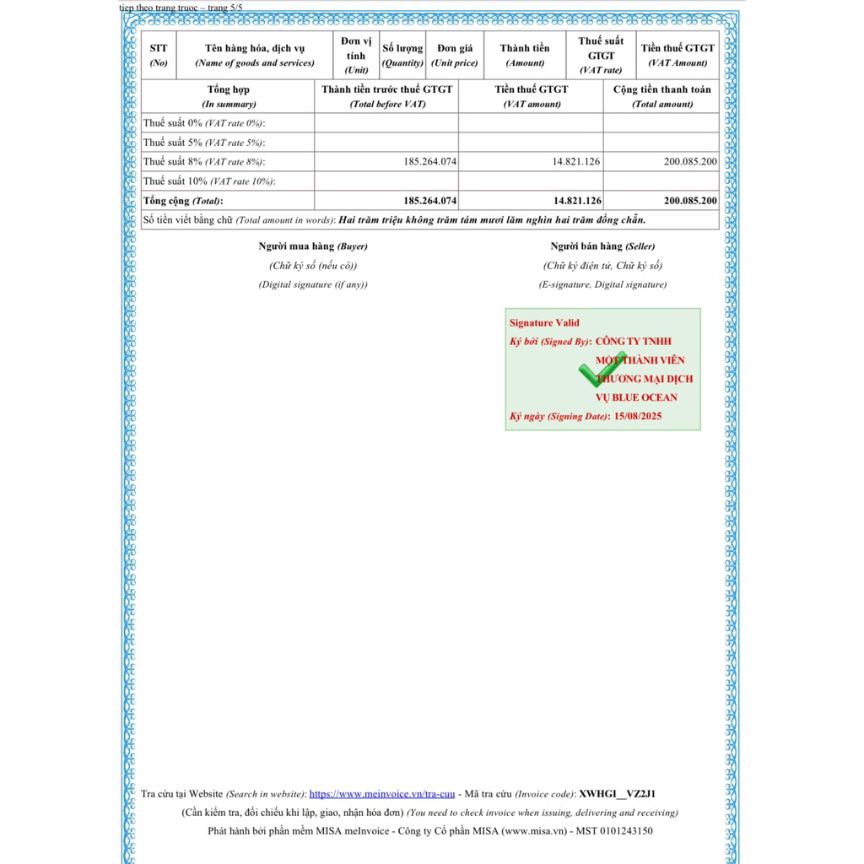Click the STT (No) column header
(159, 56)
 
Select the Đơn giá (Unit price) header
(455, 56)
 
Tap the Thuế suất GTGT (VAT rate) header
(601, 56)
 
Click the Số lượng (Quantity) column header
(402, 56)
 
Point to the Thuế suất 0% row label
(202, 123)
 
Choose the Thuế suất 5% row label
(202, 143)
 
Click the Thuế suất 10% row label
(208, 181)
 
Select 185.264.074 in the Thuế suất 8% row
(430, 161)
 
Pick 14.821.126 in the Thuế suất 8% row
(577, 161)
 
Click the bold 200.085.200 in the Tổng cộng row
(690, 201)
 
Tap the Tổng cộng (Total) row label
(183, 201)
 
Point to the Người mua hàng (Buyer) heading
(313, 246)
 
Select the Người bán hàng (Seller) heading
(602, 246)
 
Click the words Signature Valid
(544, 323)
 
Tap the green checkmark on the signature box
(601, 371)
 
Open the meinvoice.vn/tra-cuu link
(382, 794)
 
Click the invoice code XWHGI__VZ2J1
(618, 794)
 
